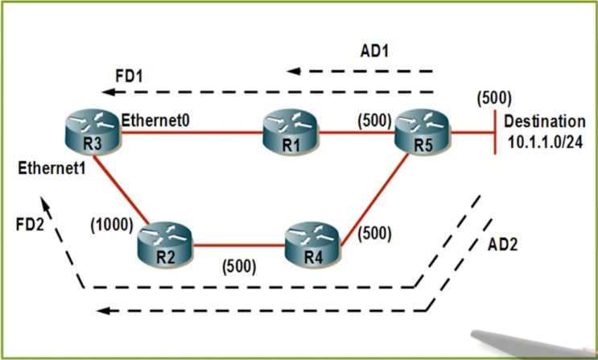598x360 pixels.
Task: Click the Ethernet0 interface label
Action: [x=157, y=121]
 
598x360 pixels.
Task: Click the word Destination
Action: [x=545, y=122]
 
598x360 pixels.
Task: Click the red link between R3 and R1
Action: [x=193, y=132]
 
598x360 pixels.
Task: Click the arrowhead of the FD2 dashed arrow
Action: [x=47, y=208]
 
